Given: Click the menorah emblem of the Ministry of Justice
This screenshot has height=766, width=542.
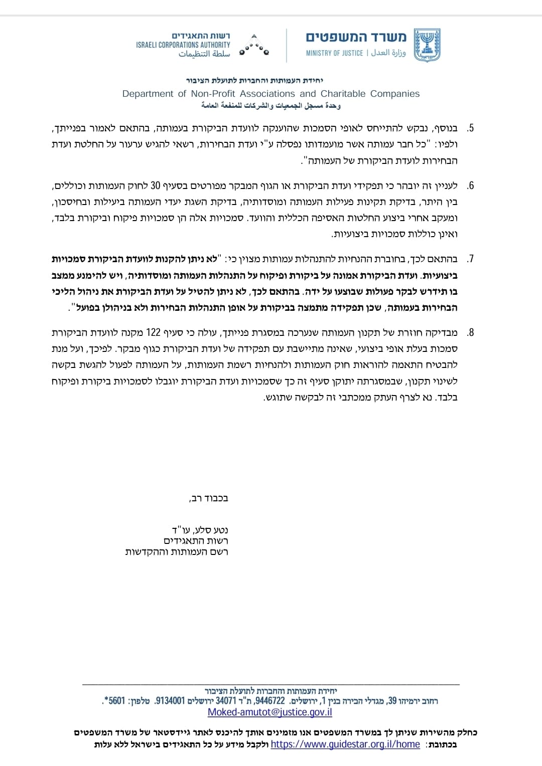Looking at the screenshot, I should pos(427,45).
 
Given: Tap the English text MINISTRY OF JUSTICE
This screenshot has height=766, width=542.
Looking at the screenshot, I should pos(334,53).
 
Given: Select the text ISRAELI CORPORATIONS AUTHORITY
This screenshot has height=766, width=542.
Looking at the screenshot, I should pos(183,45).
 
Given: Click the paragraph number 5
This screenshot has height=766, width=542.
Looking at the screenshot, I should pos(470,128).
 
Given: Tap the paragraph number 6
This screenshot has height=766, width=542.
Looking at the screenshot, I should pos(470,185).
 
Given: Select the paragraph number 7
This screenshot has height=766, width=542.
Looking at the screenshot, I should pos(470,259).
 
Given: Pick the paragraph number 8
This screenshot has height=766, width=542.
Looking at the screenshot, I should pos(470,332).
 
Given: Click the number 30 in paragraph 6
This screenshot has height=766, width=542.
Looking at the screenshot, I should pos(156,185).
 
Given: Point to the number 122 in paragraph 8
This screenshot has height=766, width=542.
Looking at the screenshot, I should pos(153,332).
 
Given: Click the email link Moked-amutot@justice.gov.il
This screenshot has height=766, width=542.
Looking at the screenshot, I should pos(270,712).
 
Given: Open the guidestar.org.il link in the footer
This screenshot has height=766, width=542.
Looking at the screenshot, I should pos(345,744).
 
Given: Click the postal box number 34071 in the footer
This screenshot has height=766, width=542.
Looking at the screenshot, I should pos(226,701).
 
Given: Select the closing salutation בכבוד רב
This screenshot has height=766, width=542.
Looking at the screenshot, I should pos(209,498).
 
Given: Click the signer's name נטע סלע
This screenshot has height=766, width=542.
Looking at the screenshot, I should pos(211,530).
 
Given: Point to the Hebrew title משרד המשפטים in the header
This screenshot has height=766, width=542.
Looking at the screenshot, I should pos(356,37).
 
